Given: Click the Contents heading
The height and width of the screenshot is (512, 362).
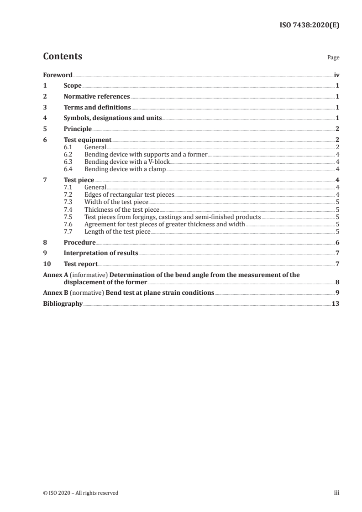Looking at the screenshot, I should [63, 57].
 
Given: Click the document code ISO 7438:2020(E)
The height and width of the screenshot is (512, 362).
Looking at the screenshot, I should [309, 26].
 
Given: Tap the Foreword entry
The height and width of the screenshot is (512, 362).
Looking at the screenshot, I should [58, 75].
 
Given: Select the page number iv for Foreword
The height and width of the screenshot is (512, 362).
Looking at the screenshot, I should [336, 75].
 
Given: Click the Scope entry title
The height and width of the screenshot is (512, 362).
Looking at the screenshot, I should [73, 86].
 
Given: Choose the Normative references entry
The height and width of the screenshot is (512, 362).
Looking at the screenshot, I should [97, 97].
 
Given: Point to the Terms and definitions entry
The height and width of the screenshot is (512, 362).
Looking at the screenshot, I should [97, 108].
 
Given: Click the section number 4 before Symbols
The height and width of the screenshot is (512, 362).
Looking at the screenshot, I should [45, 118].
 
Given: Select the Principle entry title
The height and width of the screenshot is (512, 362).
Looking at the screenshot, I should [78, 129].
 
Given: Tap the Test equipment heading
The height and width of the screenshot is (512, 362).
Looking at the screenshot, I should [87, 140].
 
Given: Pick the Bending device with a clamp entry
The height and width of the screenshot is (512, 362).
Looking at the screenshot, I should [125, 169].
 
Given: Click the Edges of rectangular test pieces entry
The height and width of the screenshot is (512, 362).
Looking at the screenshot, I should [129, 195].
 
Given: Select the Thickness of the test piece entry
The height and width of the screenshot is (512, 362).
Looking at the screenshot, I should [122, 209].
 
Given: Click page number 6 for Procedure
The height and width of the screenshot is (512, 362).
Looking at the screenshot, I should [337, 242].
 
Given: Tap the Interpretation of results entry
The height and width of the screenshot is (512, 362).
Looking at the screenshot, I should [101, 253].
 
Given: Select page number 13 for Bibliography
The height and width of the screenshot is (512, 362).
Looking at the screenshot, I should [335, 303].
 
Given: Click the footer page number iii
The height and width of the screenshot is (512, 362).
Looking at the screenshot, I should [336, 493].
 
